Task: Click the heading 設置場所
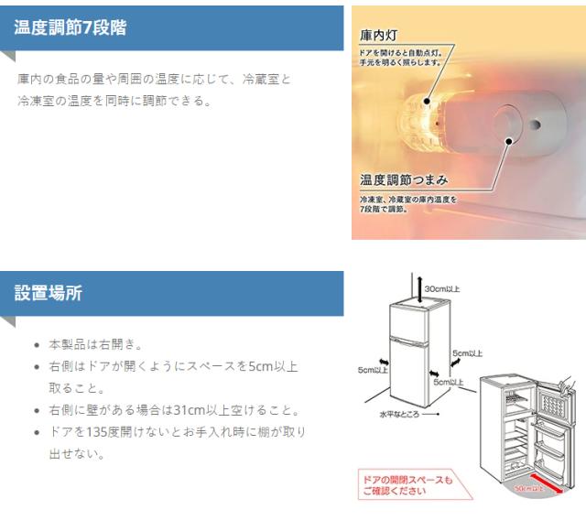point(48,293)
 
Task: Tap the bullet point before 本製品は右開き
point(36,344)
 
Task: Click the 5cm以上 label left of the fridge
point(372,370)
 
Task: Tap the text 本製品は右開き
point(94,344)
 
